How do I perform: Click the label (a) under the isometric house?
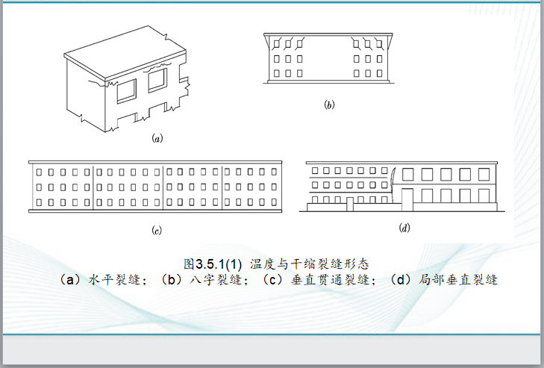(157, 138)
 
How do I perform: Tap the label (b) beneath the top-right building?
(329, 105)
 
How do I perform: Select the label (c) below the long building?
(157, 230)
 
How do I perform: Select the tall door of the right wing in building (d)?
(407, 200)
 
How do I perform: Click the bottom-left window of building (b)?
(278, 73)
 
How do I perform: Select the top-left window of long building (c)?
(39, 172)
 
